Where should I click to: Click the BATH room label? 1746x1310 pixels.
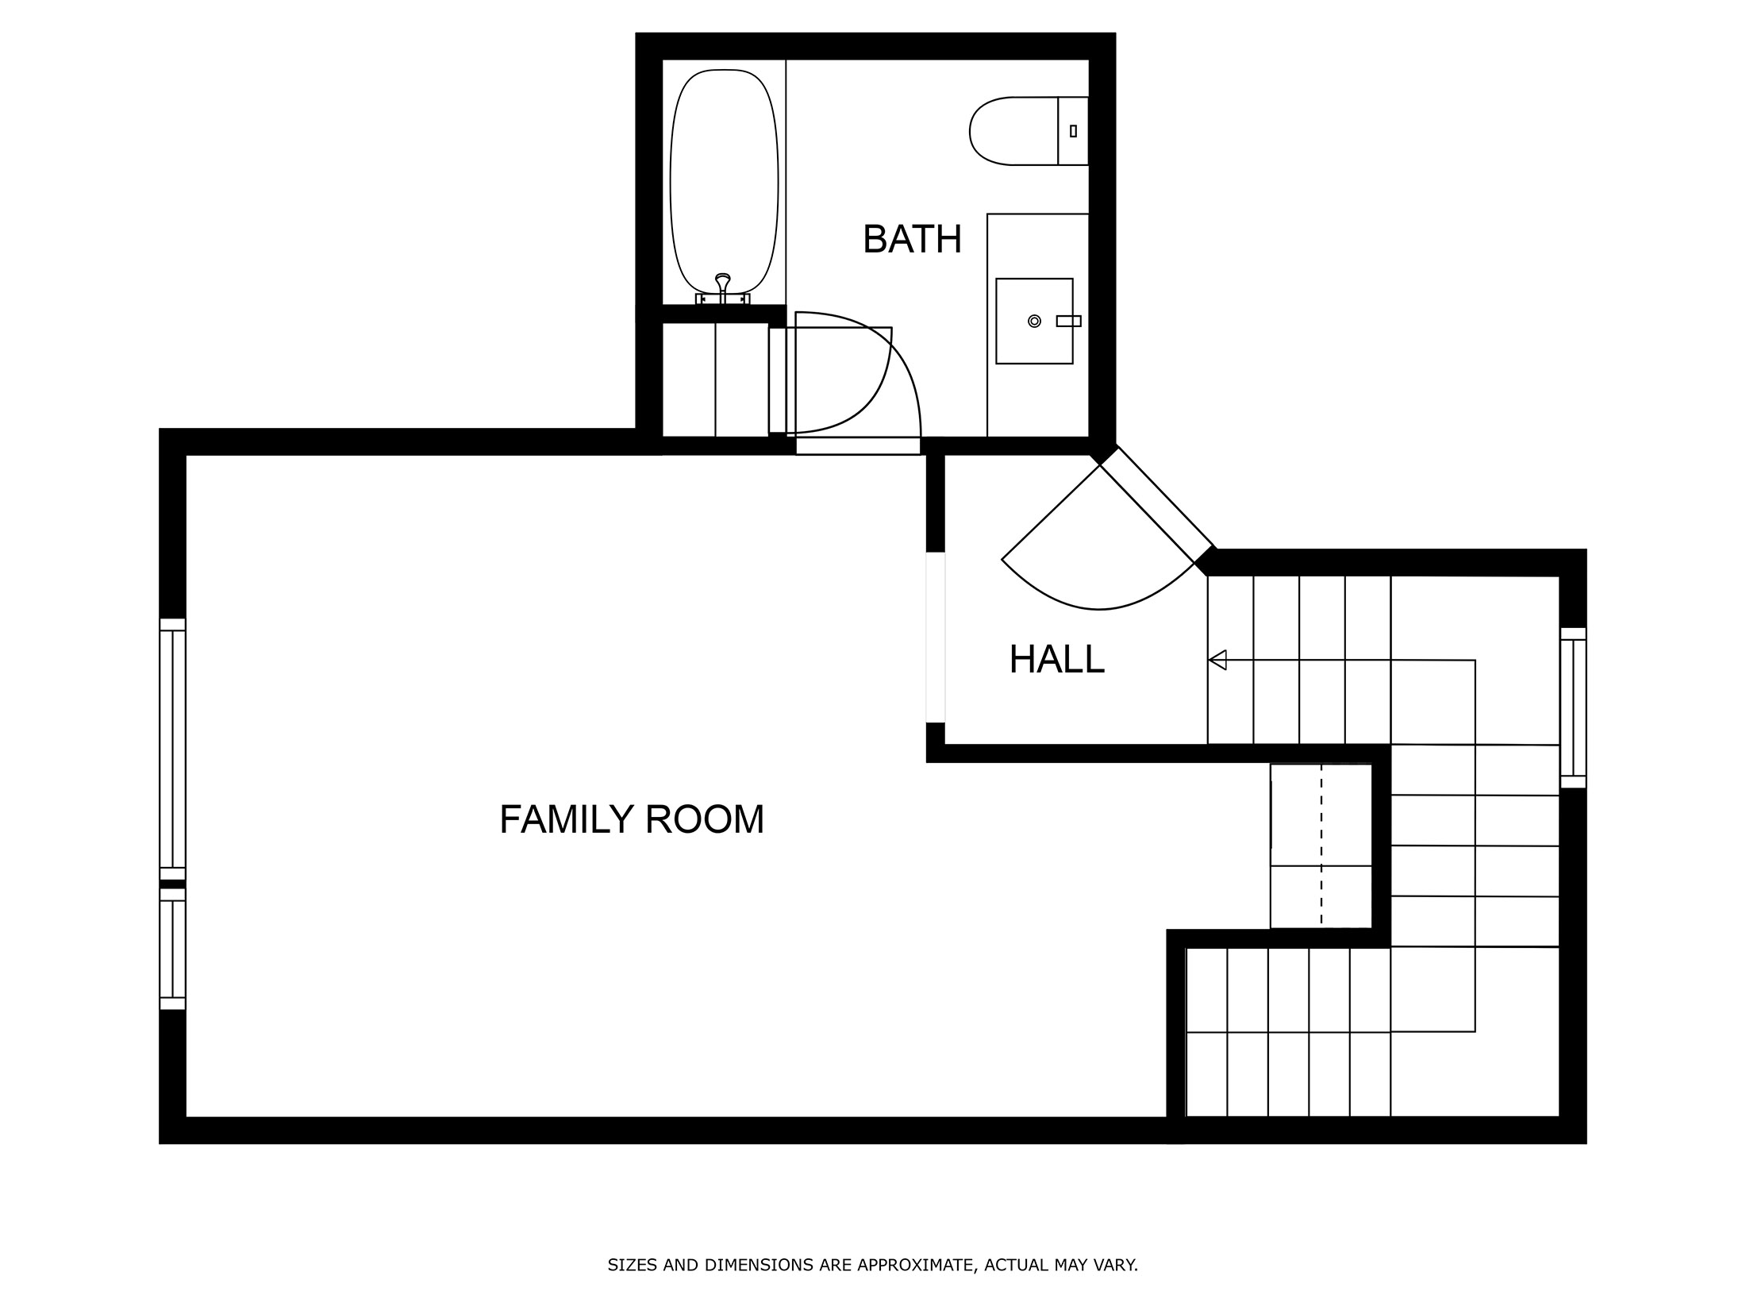pos(912,240)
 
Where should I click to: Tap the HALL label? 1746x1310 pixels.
pos(1056,660)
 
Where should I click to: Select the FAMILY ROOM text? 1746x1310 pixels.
pos(632,820)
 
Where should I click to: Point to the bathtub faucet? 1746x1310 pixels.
pos(722,286)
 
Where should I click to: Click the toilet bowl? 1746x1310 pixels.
pos(1012,131)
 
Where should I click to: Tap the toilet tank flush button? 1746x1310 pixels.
pos(1073,131)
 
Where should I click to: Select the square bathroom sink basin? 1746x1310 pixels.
pos(1034,321)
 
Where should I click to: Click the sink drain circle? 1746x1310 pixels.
pos(1034,321)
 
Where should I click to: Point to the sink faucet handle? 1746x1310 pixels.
pos(1068,321)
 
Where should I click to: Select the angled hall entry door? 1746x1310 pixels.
pos(1156,503)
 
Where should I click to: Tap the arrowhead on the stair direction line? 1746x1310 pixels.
pos(1217,660)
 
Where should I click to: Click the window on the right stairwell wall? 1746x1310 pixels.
pos(1573,707)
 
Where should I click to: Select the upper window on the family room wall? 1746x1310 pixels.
pos(172,749)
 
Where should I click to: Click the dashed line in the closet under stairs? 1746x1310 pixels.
pos(1321,846)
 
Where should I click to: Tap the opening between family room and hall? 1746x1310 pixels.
pos(936,638)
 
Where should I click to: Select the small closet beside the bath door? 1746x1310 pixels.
pos(714,380)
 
